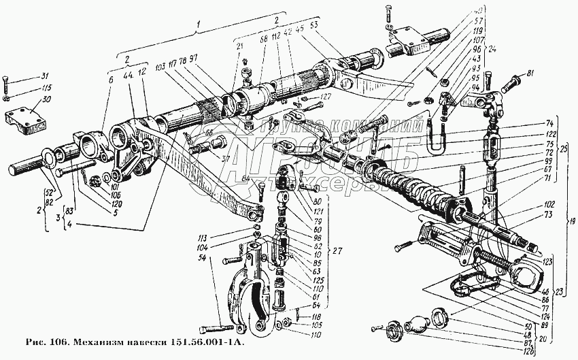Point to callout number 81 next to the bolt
click(531, 74)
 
